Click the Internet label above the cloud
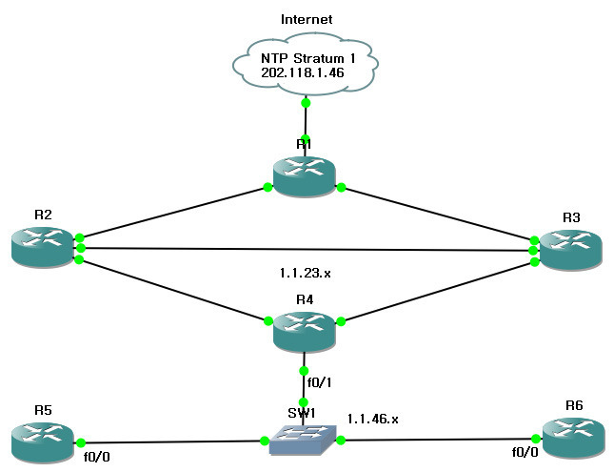[306, 19]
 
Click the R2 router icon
[43, 245]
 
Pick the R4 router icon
[305, 331]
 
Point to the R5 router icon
[43, 439]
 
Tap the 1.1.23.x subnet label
[305, 273]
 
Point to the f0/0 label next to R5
[97, 457]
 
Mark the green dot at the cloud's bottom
[306, 102]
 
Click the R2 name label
[43, 215]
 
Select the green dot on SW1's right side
[340, 440]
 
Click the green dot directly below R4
[305, 370]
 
